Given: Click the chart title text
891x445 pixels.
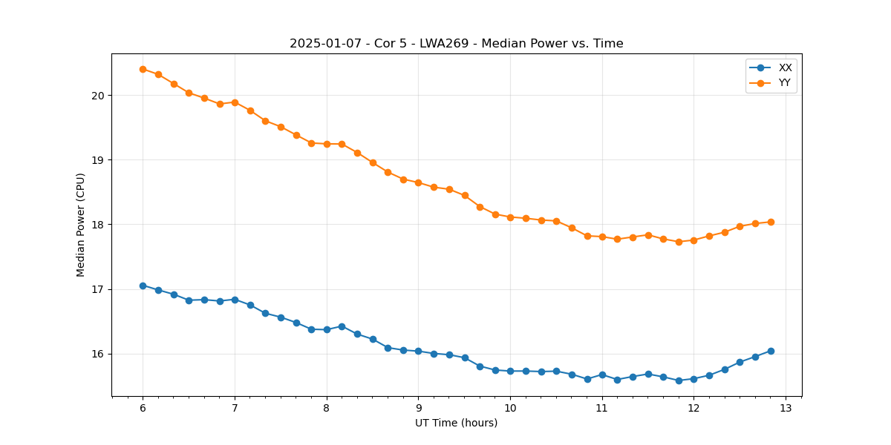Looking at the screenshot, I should click(x=456, y=44).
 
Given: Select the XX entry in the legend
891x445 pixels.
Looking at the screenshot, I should click(x=785, y=67).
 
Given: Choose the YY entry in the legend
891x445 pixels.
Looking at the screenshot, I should click(x=785, y=83).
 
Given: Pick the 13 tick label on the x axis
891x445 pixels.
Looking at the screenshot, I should click(x=786, y=408).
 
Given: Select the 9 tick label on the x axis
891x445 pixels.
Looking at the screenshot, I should click(x=418, y=408).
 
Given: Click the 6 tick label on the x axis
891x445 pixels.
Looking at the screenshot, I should click(x=143, y=408).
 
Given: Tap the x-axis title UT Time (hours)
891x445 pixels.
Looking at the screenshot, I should click(x=456, y=423).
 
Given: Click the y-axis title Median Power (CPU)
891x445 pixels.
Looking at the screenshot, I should click(x=81, y=225).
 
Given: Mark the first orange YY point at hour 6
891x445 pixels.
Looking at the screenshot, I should click(x=143, y=69).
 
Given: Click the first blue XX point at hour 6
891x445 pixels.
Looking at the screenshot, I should click(x=143, y=286).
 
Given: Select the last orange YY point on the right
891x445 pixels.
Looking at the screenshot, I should click(x=771, y=222).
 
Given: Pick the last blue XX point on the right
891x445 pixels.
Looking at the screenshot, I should click(x=771, y=351).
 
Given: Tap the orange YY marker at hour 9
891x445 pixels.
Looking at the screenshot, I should click(x=418, y=182).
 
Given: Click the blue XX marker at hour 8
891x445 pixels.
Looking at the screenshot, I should click(x=327, y=329).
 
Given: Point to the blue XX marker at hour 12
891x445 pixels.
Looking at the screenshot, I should click(x=693, y=379).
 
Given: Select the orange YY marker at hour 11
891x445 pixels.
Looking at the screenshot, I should click(x=602, y=237).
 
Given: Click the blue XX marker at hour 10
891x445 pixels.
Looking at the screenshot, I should click(x=510, y=371).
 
